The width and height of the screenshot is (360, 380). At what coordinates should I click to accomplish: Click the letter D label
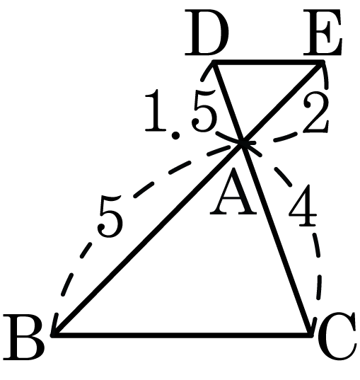point(207,33)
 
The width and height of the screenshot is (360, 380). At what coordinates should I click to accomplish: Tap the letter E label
point(323,33)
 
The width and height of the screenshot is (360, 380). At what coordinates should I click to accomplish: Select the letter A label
point(233,191)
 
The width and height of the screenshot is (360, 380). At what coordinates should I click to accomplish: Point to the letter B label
point(23,336)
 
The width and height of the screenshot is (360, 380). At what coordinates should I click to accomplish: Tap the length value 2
point(316,113)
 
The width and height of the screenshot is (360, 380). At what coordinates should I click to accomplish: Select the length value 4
point(303,206)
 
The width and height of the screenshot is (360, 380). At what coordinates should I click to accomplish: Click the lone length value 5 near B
point(110,217)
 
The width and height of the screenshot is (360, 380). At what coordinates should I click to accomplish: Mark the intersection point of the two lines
point(243,144)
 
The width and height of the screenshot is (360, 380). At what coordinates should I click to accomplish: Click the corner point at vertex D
point(214,62)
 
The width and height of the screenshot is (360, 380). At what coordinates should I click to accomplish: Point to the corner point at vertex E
point(322,62)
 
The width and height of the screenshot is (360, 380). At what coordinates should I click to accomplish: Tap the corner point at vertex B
point(54,335)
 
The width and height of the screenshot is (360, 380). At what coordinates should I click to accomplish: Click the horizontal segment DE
point(267,62)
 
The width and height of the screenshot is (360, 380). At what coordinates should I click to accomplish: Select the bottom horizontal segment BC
point(182,335)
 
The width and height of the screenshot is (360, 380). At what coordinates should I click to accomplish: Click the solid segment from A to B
point(148,239)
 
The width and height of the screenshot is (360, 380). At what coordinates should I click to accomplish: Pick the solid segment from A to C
point(276,239)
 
